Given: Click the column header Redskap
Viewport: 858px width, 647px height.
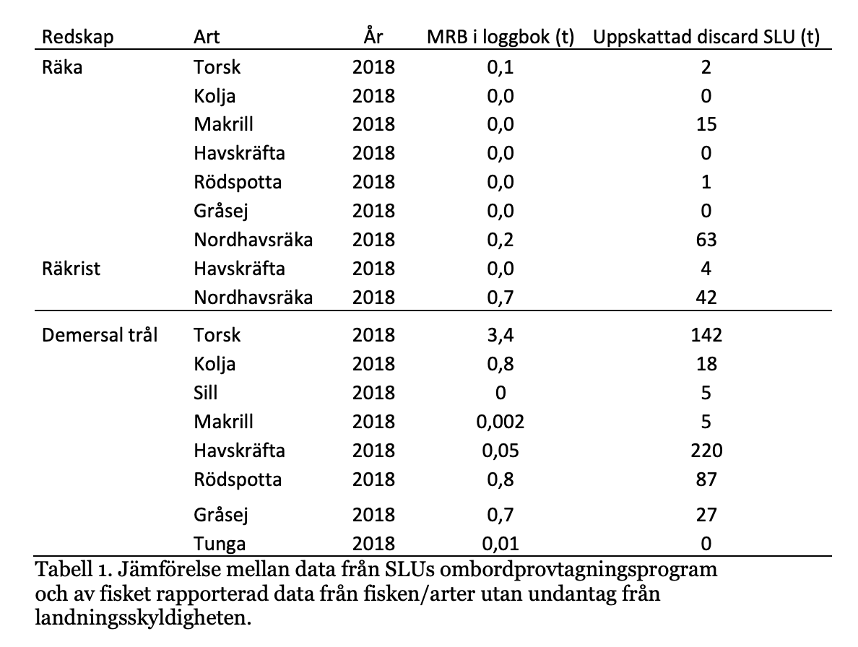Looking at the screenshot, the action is (x=78, y=37).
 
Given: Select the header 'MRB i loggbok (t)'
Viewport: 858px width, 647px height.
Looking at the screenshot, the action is (x=500, y=37).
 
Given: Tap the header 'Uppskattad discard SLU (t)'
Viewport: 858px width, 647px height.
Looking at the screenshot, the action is (x=706, y=37).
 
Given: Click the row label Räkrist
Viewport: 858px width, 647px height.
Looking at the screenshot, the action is (x=71, y=269).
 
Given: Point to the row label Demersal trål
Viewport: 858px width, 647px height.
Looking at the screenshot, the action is (x=100, y=335).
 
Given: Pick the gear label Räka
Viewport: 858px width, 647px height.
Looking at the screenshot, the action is (x=62, y=66).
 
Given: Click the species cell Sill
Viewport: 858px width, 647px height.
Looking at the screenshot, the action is (x=206, y=393).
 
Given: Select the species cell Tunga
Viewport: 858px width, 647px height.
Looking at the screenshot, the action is (x=220, y=544).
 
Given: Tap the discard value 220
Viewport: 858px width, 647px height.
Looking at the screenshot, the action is (x=706, y=451).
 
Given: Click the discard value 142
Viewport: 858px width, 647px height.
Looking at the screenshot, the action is (x=706, y=335).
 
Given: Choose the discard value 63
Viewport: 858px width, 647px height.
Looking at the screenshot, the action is (x=706, y=240).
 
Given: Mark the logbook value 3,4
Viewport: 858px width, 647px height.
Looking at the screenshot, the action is (x=500, y=335).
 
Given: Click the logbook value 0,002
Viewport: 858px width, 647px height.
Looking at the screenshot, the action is (x=500, y=422).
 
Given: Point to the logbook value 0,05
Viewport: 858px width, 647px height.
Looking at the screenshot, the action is (x=500, y=451).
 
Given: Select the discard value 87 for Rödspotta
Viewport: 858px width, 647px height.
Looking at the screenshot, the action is (x=706, y=479).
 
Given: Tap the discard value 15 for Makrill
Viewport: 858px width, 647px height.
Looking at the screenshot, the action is (x=706, y=124).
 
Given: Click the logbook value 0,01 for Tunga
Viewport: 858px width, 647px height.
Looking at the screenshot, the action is (x=500, y=544).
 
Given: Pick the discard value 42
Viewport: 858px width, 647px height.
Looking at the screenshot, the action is (x=706, y=298).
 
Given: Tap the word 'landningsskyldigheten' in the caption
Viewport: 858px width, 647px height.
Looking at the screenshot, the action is (x=143, y=618).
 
